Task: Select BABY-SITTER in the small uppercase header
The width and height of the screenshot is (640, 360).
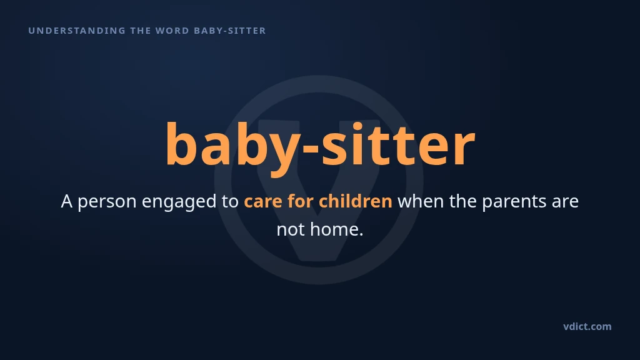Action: coord(230,31)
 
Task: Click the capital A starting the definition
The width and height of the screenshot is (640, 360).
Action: coord(66,201)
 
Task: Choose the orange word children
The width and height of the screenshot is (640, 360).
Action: coord(356,201)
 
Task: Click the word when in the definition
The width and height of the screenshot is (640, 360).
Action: coord(421,201)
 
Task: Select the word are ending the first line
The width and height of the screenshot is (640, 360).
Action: coord(565,202)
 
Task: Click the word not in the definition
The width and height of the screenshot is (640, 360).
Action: coord(291,229)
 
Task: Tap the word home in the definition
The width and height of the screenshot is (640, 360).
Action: coord(334,229)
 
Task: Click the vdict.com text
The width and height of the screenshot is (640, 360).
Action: coord(587,326)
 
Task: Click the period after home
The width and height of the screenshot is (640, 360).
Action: coord(361,235)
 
